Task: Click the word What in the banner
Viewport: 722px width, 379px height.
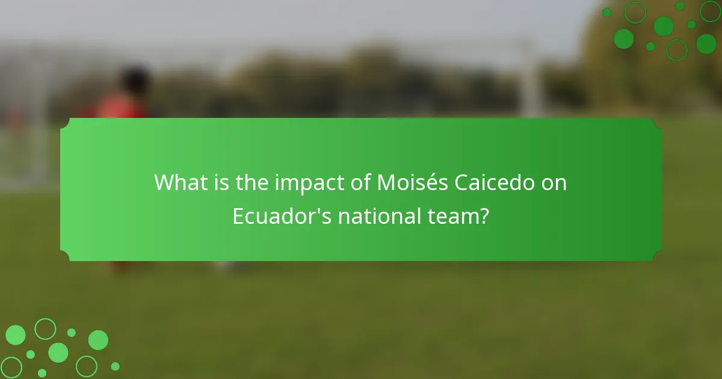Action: click(x=179, y=183)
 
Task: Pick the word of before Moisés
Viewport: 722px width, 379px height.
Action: click(x=359, y=183)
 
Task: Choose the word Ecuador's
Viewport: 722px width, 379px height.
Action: click(x=282, y=217)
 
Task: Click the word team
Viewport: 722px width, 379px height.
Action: click(x=452, y=217)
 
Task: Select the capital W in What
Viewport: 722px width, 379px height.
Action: click(x=164, y=183)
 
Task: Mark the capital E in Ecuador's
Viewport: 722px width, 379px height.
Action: click(x=239, y=217)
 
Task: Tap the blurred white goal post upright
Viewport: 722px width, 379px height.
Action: click(x=530, y=78)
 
